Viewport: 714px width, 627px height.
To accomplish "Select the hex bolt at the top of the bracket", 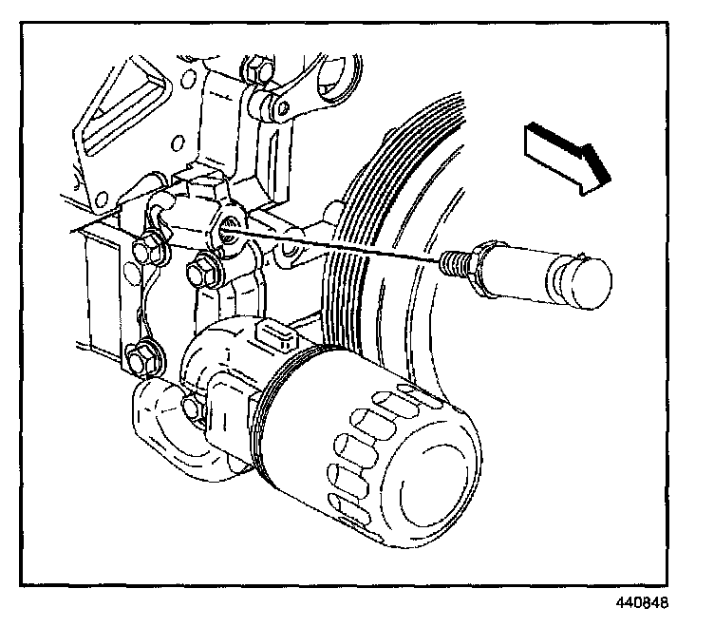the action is coord(254,70).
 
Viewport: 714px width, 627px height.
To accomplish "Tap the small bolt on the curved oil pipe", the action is coord(193,407).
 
